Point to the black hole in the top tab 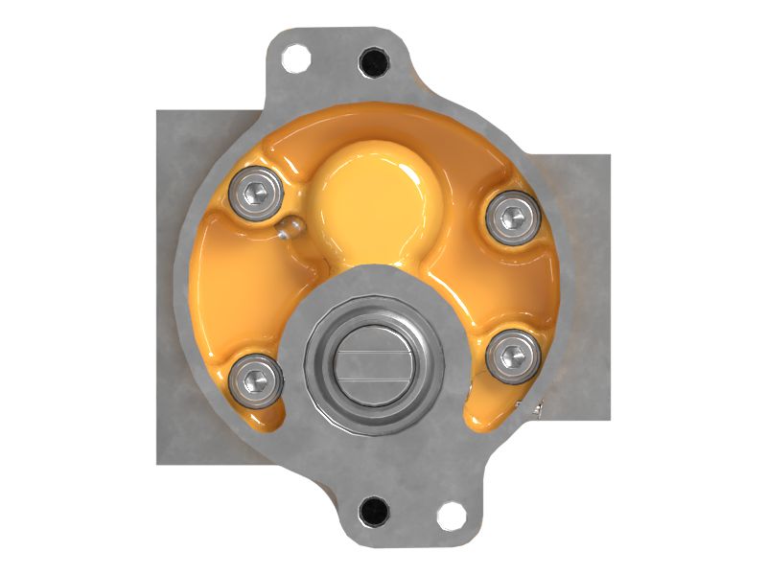374,62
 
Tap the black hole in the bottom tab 373,511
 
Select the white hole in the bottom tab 450,515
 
